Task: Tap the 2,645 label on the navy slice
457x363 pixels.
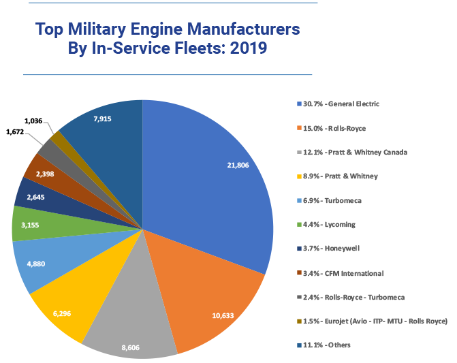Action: (31, 198)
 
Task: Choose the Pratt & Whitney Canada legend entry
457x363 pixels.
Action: (351, 152)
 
